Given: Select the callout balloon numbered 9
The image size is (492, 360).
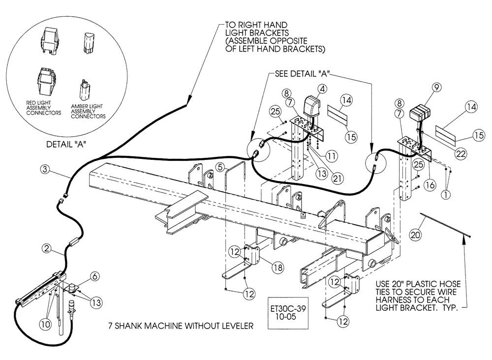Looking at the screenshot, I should (436, 88).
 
